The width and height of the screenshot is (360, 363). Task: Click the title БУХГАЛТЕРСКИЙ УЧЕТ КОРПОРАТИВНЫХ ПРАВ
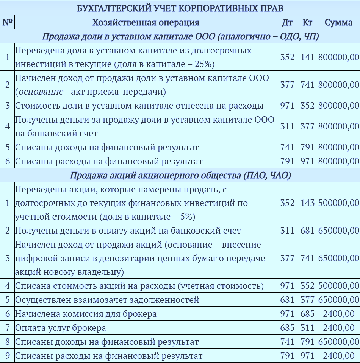coord(180,8)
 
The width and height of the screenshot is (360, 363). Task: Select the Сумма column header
coord(338,22)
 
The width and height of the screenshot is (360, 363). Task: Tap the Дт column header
coord(287,22)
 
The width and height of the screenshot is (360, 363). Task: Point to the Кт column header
coord(307,22)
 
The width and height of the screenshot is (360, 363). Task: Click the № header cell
coord(7,22)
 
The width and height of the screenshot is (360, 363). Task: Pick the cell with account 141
coord(307,57)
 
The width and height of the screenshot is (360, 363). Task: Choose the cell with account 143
coord(307,203)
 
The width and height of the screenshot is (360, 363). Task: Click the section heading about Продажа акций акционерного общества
coord(180,175)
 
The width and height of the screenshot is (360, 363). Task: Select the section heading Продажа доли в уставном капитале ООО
coord(180,37)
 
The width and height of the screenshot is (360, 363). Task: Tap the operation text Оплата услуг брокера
coord(61,328)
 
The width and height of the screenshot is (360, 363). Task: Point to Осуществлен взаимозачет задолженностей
coord(107,300)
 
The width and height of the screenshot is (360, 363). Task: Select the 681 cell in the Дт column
coord(287,300)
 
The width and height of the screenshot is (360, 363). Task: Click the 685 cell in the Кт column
coord(307,314)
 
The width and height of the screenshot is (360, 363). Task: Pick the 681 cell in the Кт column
coord(307,231)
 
